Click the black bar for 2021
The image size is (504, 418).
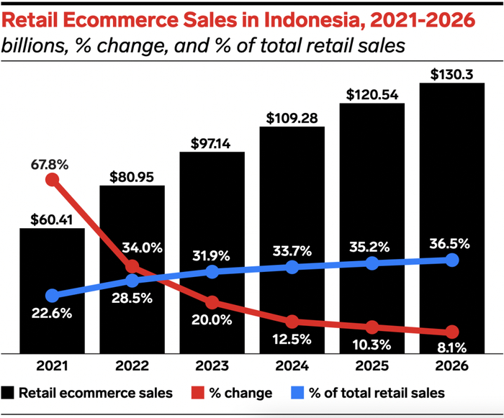click(52, 324)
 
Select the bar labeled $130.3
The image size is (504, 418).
click(451, 180)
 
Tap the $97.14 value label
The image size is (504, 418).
click(212, 143)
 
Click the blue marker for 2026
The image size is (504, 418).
click(451, 260)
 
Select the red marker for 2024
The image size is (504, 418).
click(292, 321)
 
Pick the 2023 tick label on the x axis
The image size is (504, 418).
click(212, 366)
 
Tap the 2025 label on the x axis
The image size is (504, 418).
click(372, 366)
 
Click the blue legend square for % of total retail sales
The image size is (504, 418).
click(294, 393)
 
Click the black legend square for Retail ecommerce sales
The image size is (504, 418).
click(9, 393)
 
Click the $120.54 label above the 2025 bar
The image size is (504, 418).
click(372, 94)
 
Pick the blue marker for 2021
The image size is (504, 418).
click(52, 295)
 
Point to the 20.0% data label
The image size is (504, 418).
click(212, 319)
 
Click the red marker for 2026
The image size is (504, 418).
click(451, 332)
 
